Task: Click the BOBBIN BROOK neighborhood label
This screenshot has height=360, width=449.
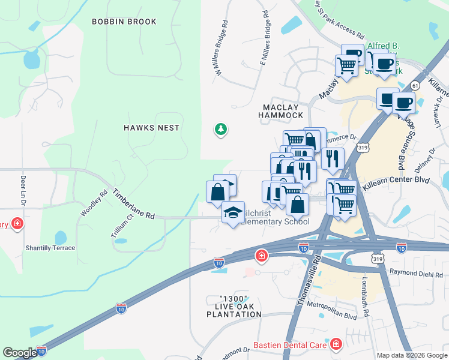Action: pyautogui.click(x=124, y=22)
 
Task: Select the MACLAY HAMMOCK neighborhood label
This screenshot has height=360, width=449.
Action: pyautogui.click(x=282, y=110)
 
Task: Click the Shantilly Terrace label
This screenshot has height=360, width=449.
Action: pyautogui.click(x=50, y=248)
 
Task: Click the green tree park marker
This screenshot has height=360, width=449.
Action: pyautogui.click(x=221, y=129)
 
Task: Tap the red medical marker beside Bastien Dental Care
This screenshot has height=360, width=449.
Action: pyautogui.click(x=335, y=344)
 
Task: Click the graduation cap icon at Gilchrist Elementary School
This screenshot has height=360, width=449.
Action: pyautogui.click(x=233, y=212)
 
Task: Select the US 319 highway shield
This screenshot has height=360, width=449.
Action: pyautogui.click(x=363, y=147)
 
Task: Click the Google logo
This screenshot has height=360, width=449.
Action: pyautogui.click(x=20, y=353)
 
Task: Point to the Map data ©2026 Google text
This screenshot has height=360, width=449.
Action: pyautogui.click(x=411, y=355)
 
